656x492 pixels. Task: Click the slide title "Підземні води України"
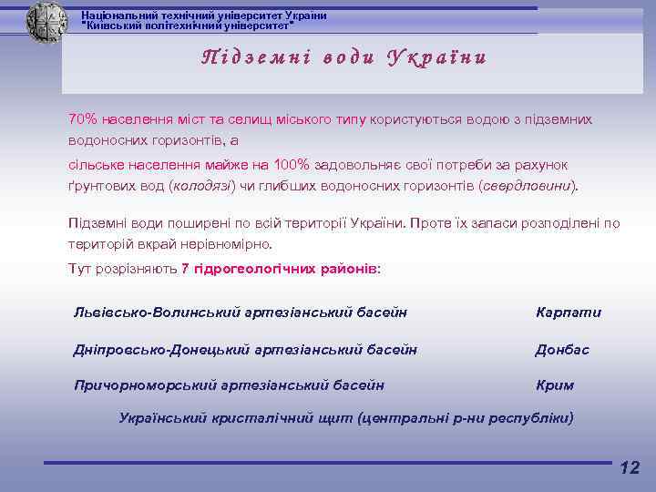click(x=343, y=57)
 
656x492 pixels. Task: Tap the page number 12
click(x=629, y=468)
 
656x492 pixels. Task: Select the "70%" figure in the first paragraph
click(x=84, y=119)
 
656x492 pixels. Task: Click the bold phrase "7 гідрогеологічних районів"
click(x=279, y=269)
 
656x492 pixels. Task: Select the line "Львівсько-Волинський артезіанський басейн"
click(x=240, y=313)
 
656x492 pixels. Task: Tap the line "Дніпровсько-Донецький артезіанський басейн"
click(x=245, y=349)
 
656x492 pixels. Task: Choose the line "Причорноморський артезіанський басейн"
click(x=229, y=385)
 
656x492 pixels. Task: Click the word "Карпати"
click(x=569, y=313)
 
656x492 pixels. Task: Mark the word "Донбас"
click(x=562, y=349)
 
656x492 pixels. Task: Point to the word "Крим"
click(x=555, y=385)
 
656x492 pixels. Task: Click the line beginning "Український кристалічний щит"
click(x=346, y=418)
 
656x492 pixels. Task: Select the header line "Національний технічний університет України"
click(x=203, y=15)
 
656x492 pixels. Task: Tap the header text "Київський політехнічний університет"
click(x=189, y=26)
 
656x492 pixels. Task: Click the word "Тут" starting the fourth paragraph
click(x=79, y=269)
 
